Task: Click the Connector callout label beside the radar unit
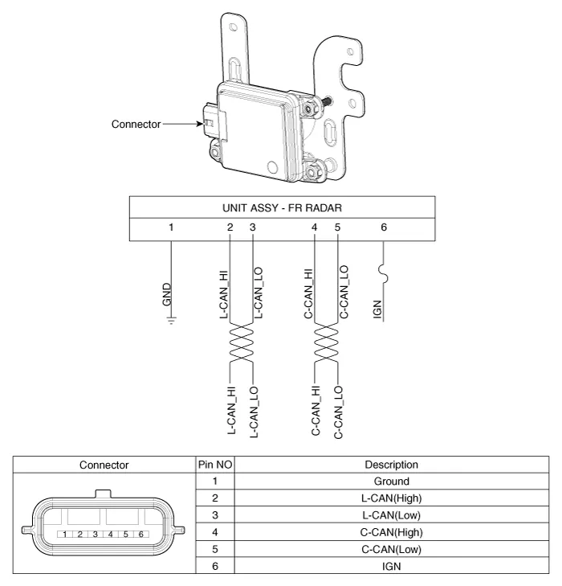pos(136,124)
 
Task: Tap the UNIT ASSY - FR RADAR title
pos(281,207)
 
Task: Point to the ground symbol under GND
pos(172,322)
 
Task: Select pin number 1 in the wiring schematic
pos(172,227)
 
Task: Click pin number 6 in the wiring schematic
pos(384,227)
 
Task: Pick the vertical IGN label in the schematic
pos(377,306)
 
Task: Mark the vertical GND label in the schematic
pos(166,294)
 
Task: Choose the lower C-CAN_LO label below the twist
pos(339,412)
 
